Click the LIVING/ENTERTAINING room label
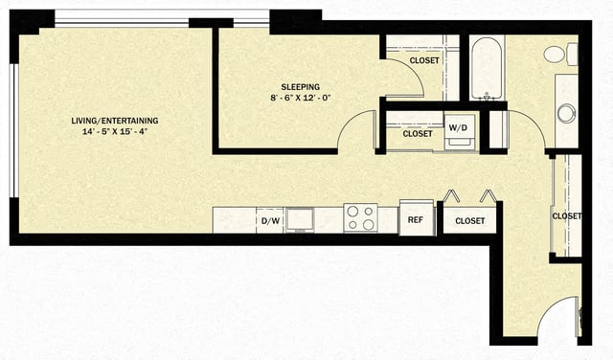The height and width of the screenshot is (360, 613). (115, 121)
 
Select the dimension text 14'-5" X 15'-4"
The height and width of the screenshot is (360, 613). (115, 133)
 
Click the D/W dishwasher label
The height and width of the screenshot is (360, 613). (270, 221)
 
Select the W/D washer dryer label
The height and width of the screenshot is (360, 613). (457, 126)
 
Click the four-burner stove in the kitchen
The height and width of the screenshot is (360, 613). (360, 218)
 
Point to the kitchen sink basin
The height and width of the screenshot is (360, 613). (299, 219)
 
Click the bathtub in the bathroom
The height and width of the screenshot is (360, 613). (487, 69)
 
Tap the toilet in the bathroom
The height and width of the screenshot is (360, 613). (558, 55)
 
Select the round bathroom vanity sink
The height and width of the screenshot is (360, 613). (566, 113)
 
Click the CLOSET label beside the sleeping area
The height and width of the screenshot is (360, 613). (424, 60)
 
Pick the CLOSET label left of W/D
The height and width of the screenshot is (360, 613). (418, 134)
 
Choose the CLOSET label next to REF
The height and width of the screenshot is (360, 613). (469, 221)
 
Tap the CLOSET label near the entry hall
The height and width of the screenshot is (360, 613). (567, 216)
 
